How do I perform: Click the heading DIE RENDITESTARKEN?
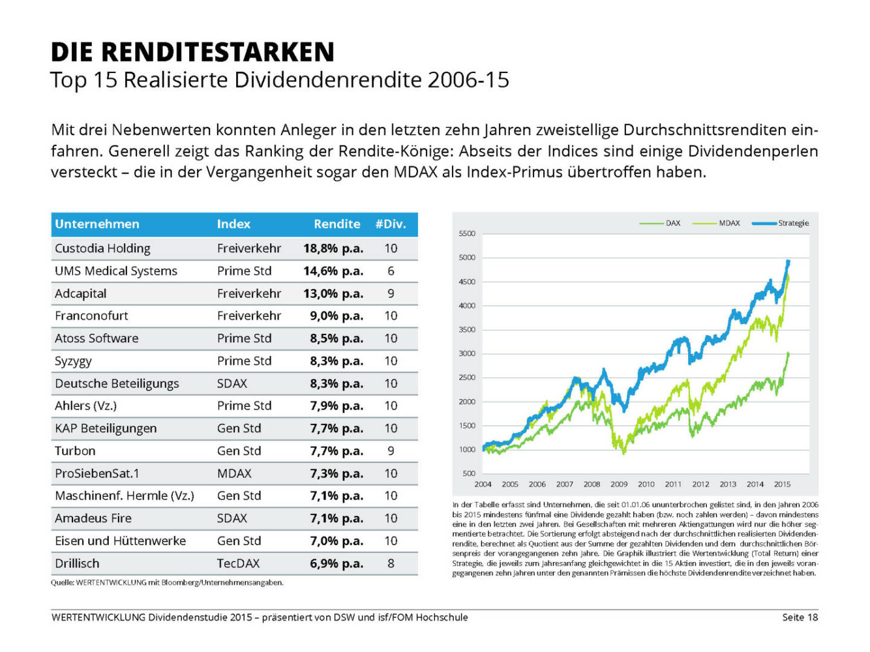[192, 52]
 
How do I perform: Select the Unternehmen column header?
[97, 224]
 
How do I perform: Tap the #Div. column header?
[390, 224]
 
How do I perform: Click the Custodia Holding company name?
[102, 248]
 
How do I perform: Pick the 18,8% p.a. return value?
[333, 248]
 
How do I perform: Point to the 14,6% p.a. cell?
[333, 271]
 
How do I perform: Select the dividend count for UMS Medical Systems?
[391, 271]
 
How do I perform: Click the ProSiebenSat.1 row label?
[97, 473]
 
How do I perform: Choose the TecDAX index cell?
[238, 563]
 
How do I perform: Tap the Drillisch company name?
[77, 563]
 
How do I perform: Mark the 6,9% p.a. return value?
[337, 563]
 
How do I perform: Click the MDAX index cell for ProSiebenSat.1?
[234, 473]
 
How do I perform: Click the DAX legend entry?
[672, 223]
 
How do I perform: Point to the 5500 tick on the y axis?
[467, 234]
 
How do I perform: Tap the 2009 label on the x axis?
[619, 484]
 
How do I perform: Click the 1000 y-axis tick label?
[467, 449]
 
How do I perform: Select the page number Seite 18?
[799, 617]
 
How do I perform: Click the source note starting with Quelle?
[167, 583]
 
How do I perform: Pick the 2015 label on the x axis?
[782, 484]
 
